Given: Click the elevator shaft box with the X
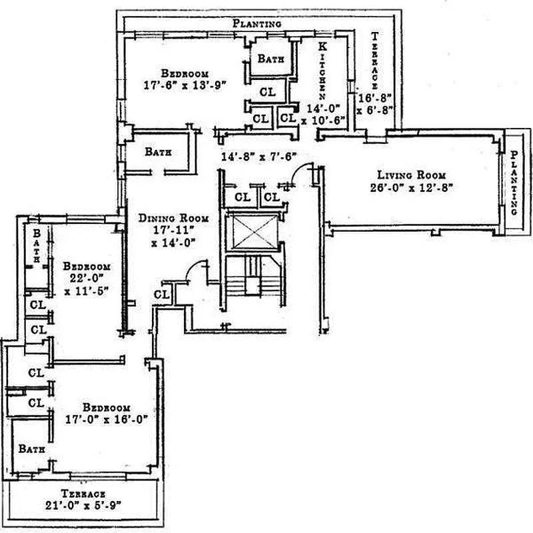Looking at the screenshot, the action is click(x=251, y=233).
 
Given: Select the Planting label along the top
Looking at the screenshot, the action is click(x=257, y=23).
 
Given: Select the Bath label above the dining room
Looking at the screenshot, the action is click(x=159, y=152).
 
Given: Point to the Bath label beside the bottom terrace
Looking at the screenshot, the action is click(x=31, y=449).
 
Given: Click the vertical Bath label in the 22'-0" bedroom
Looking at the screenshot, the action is click(x=37, y=245).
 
